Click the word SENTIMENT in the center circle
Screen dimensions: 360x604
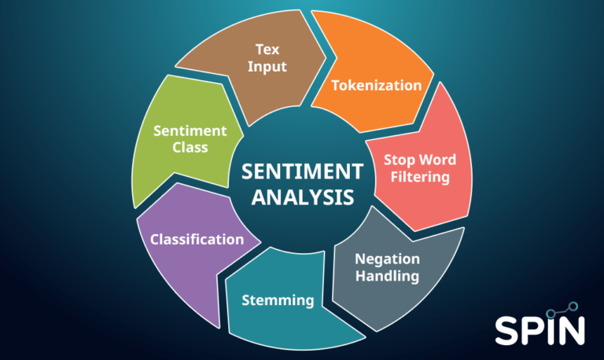pyautogui.click(x=302, y=172)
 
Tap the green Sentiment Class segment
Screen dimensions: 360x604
pyautogui.click(x=177, y=141)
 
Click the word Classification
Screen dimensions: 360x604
pyautogui.click(x=197, y=239)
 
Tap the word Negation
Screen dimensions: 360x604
pyautogui.click(x=387, y=259)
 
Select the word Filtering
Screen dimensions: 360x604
pyautogui.click(x=417, y=177)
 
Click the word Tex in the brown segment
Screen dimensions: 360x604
pyautogui.click(x=267, y=49)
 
